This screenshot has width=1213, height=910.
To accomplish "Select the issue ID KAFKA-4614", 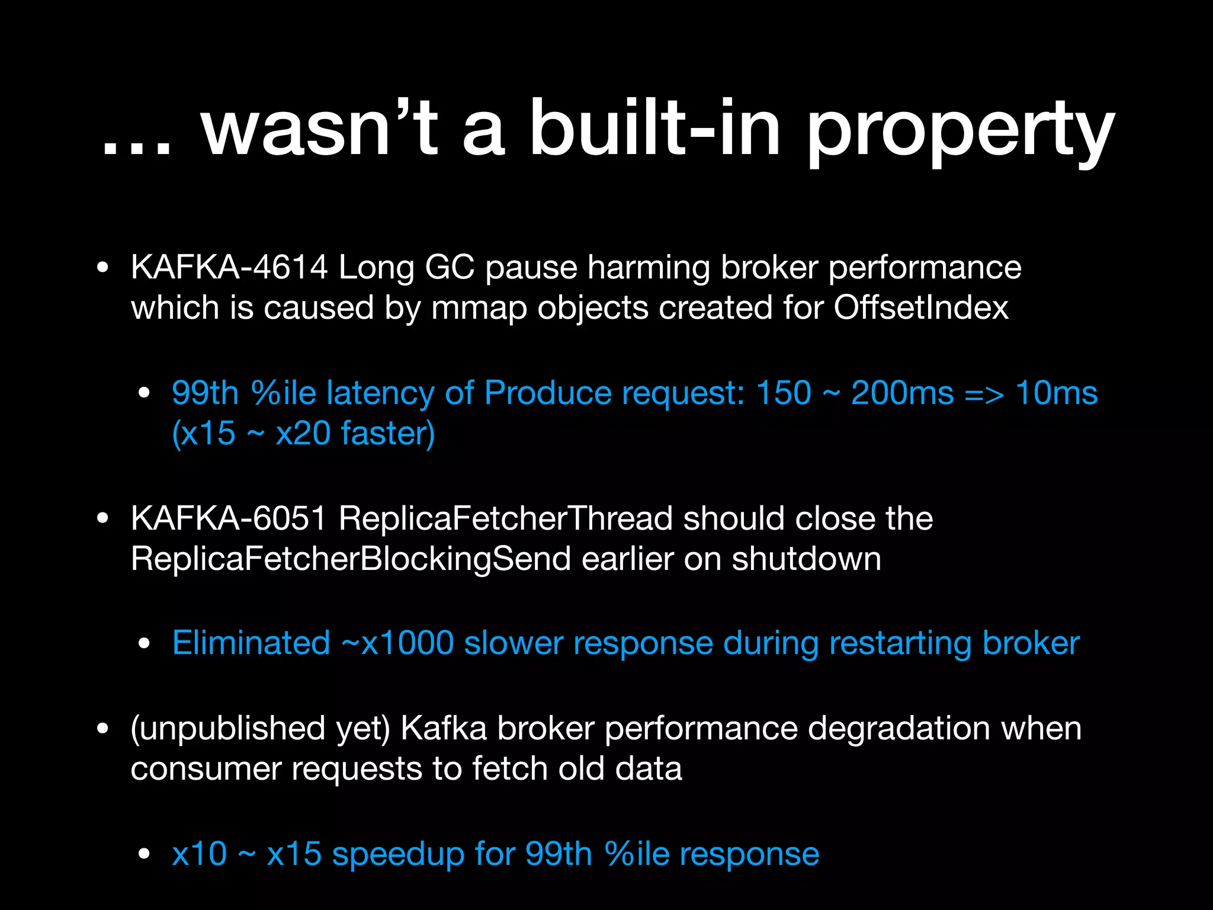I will click(229, 267).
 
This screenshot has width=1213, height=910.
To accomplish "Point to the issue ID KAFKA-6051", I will click(229, 518).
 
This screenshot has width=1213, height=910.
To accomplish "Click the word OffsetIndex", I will click(921, 307).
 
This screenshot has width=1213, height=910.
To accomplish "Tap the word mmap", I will click(479, 309).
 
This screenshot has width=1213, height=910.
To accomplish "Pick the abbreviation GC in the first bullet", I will click(450, 267).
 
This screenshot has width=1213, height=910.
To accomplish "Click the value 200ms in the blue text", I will click(902, 393).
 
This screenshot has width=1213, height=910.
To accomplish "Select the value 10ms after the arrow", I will click(1057, 393).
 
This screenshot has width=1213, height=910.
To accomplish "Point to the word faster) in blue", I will click(388, 433).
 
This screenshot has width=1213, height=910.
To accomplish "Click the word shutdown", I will click(806, 559).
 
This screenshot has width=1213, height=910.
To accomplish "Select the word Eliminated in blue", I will click(251, 643).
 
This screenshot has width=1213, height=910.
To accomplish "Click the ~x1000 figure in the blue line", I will click(397, 643).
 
